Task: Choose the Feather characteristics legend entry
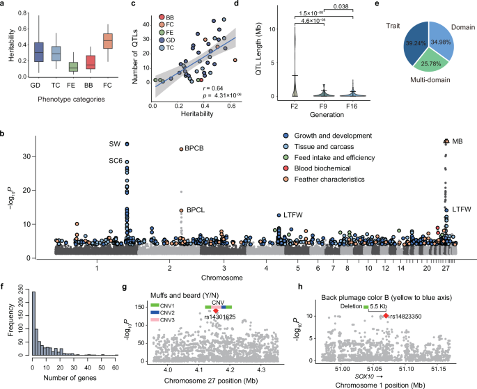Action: pyautogui.click(x=359, y=180)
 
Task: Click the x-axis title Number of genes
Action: pyautogui.click(x=63, y=381)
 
